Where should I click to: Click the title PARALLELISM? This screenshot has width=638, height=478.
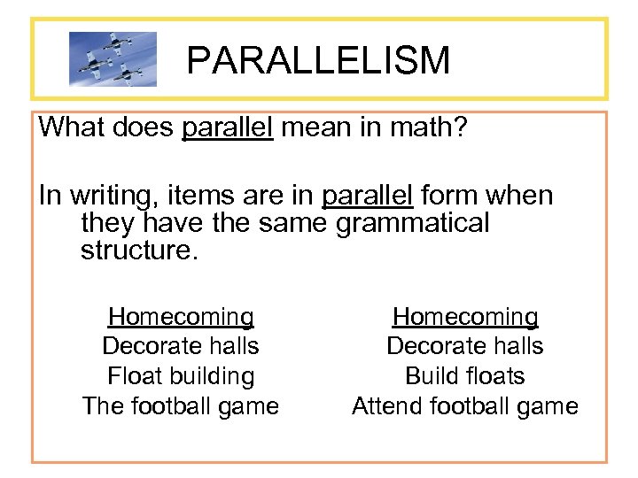point(318,60)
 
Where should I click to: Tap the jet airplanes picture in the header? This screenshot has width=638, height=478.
point(113,59)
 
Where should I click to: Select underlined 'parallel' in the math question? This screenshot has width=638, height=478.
point(228,127)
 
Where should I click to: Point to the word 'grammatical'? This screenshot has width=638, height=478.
point(412,223)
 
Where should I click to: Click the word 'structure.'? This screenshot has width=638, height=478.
point(140,250)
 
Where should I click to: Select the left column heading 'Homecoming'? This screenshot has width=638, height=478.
point(181,317)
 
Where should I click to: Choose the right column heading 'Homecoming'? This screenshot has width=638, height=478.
point(465,317)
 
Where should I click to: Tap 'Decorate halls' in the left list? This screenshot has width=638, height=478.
point(181,346)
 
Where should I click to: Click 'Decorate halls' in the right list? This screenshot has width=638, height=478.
point(465,346)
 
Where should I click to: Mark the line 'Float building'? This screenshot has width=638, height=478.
point(181,376)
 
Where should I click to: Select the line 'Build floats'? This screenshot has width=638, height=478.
point(465,376)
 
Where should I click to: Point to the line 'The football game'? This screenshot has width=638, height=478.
point(181,406)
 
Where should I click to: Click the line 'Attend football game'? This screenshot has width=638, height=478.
point(465,406)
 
